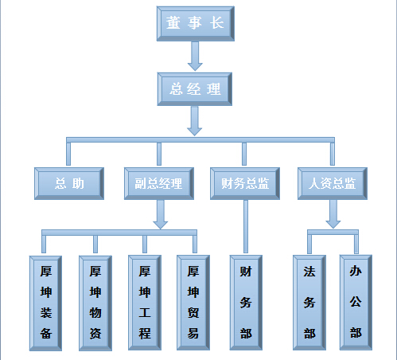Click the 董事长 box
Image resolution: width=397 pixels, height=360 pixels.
[196, 24]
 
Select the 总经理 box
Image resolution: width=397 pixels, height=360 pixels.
[195, 89]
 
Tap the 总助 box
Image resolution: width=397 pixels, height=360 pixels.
[69, 183]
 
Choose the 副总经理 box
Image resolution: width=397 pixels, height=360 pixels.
[159, 183]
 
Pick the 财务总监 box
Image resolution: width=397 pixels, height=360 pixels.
[245, 183]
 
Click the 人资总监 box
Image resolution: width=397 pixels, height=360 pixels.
[333, 183]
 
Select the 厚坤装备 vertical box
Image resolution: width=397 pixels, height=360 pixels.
[45, 303]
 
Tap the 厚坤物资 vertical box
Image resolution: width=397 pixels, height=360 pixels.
[95, 303]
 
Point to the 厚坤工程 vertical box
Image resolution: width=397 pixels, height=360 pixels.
[145, 303]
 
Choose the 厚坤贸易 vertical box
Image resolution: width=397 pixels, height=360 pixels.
[193, 303]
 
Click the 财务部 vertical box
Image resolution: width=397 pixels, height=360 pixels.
[246, 303]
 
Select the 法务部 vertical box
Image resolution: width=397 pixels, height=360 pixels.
[309, 303]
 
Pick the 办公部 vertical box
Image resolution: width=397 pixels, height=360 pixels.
[356, 303]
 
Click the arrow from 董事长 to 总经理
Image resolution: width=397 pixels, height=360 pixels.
[195, 56]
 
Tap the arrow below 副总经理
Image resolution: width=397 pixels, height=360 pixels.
[161, 214]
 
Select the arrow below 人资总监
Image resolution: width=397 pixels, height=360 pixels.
[333, 214]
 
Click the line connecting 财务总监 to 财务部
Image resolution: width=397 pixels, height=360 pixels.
[246, 226]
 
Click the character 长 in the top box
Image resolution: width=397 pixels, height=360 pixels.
[217, 23]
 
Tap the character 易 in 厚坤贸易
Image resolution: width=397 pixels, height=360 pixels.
[193, 333]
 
